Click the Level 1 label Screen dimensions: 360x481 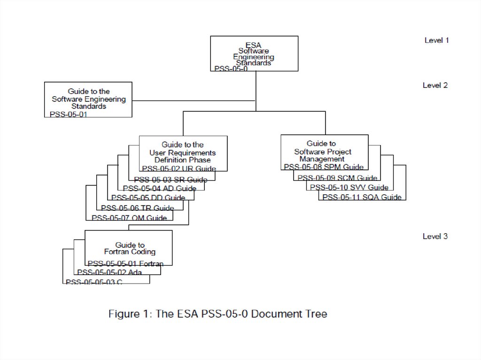pyautogui.click(x=436, y=40)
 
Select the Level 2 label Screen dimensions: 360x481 pyautogui.click(x=435, y=85)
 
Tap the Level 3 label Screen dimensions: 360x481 pyautogui.click(x=435, y=237)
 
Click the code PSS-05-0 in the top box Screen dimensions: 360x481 pyautogui.click(x=231, y=69)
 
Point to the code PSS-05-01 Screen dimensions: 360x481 pyautogui.click(x=69, y=114)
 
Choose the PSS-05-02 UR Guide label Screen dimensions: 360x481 pyautogui.click(x=179, y=169)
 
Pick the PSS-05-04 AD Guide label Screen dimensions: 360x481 pyautogui.click(x=160, y=189)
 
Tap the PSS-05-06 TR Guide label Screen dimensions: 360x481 pyautogui.click(x=138, y=208)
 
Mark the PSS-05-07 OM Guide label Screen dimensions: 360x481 pyautogui.click(x=129, y=218)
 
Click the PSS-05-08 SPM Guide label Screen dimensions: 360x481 pyautogui.click(x=324, y=167)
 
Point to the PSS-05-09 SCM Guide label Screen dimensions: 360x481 pyautogui.click(x=337, y=178)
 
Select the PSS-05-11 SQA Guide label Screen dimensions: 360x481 pyautogui.click(x=362, y=198)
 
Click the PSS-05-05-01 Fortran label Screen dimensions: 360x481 pyautogui.click(x=125, y=264)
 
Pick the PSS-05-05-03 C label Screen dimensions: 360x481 pyautogui.click(x=94, y=282)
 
